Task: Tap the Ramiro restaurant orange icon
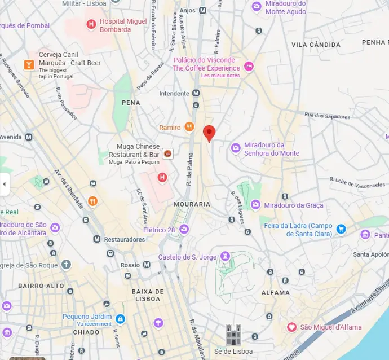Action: pos(189,127)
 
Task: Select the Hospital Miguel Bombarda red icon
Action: pos(91,24)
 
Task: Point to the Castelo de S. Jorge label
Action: pos(188,257)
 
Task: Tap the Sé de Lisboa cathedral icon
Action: pos(233,335)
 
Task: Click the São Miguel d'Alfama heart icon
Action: pos(291,327)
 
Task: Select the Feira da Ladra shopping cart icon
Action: pos(341,229)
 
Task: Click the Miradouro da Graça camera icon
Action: pos(255,205)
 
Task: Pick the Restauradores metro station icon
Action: pos(96,239)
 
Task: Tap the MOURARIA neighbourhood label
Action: pos(192,204)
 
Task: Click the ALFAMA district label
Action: pos(276,293)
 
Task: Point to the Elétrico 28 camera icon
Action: pos(184,230)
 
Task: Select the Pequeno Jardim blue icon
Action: pos(120,319)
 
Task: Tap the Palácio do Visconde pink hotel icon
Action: pos(249,67)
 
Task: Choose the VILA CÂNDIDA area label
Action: pos(316,45)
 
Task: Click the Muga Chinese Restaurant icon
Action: pos(167,153)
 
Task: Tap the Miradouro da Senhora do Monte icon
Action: pos(236,148)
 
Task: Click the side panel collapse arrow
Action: pos(5,184)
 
